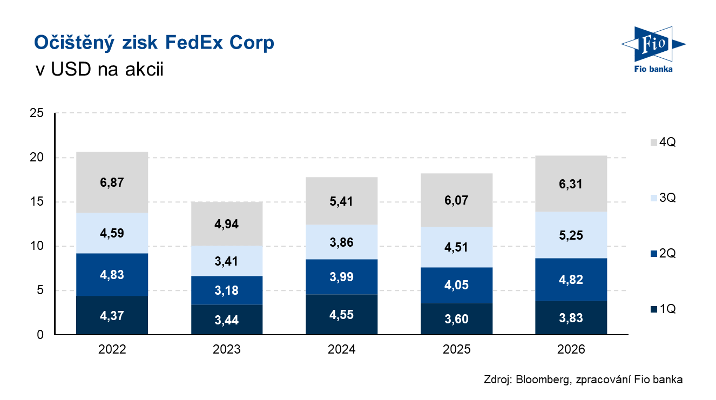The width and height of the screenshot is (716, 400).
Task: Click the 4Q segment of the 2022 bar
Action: click(x=112, y=182)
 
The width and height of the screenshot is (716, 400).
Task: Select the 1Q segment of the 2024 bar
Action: click(x=341, y=314)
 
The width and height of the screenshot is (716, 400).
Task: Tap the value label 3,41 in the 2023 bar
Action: click(x=226, y=261)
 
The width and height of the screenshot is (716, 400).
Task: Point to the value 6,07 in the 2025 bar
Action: click(x=456, y=200)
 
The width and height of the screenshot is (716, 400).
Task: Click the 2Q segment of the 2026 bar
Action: click(x=571, y=280)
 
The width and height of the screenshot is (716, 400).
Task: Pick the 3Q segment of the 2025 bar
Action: click(x=456, y=247)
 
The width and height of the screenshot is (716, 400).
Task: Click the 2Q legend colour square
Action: click(x=654, y=254)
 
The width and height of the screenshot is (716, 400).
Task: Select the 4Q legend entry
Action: click(x=663, y=142)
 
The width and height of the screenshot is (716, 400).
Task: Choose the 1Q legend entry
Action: click(x=663, y=309)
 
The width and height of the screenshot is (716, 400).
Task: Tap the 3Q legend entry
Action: click(x=663, y=198)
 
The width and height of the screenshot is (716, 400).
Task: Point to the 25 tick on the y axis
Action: click(x=36, y=113)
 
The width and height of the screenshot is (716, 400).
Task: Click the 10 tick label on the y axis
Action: click(x=36, y=246)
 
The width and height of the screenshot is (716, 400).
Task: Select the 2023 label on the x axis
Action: click(x=226, y=349)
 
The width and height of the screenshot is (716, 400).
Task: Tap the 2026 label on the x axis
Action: click(x=571, y=349)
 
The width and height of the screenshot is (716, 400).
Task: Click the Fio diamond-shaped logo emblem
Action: click(x=653, y=44)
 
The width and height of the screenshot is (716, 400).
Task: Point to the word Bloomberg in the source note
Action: click(x=543, y=379)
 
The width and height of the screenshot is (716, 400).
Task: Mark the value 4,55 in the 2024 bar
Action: click(x=341, y=315)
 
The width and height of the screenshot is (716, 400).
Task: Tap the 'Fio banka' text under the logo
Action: click(x=653, y=69)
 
